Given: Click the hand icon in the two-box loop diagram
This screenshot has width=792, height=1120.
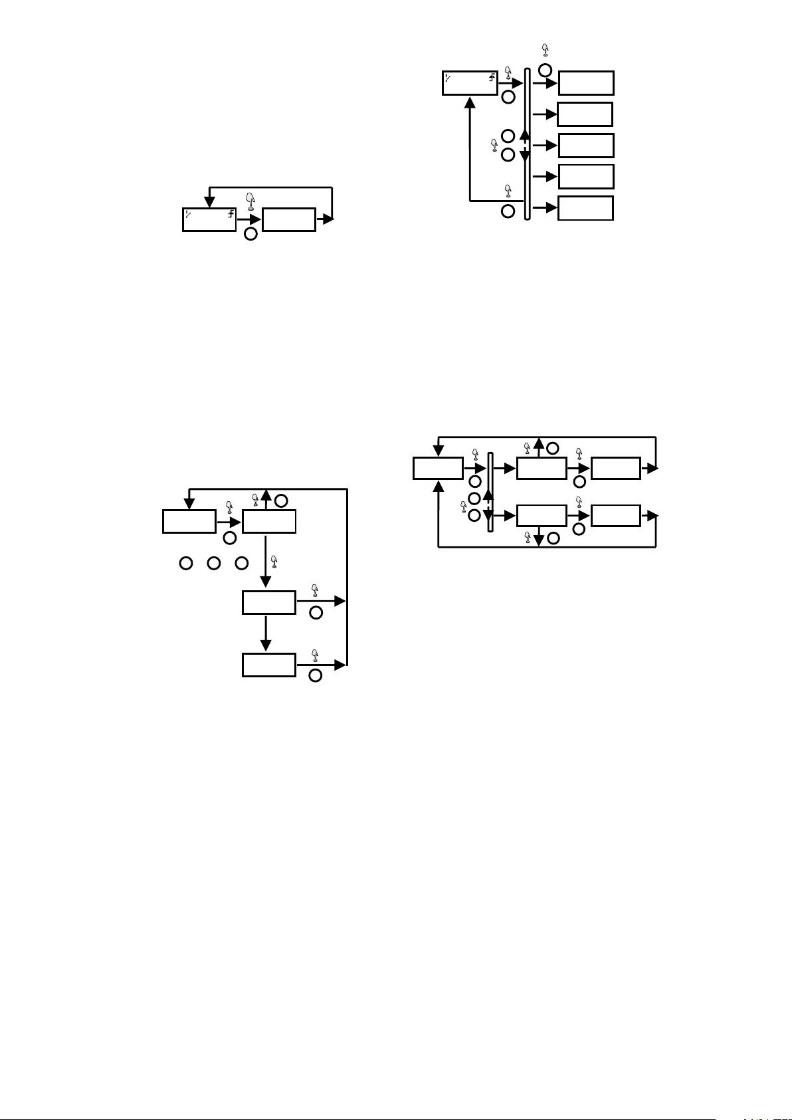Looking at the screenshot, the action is pyautogui.click(x=250, y=200).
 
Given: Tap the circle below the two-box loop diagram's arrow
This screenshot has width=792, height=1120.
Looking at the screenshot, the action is pyautogui.click(x=250, y=233).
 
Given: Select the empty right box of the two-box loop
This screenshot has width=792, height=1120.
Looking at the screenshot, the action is pyautogui.click(x=288, y=220).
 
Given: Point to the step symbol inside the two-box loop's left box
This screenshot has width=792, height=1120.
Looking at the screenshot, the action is pyautogui.click(x=231, y=214).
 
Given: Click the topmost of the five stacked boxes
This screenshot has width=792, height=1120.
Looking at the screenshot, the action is pyautogui.click(x=586, y=83).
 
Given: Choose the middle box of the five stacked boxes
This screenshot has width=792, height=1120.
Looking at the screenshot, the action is pyautogui.click(x=586, y=146).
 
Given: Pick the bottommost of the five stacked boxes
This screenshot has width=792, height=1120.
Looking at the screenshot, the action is pyautogui.click(x=585, y=208).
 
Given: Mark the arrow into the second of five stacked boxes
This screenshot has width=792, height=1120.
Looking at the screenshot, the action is pyautogui.click(x=545, y=114).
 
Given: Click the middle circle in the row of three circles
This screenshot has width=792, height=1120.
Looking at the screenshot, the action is pyautogui.click(x=214, y=564).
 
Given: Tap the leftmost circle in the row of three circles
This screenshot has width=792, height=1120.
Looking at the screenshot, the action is pyautogui.click(x=185, y=564).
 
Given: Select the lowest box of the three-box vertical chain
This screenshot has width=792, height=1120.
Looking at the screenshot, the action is pyautogui.click(x=268, y=665).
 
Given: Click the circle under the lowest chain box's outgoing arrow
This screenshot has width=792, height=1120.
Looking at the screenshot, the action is pyautogui.click(x=316, y=675).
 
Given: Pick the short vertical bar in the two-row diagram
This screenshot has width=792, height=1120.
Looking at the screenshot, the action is pyautogui.click(x=490, y=492).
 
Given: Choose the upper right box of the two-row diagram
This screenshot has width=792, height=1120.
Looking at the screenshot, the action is pyautogui.click(x=615, y=468).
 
